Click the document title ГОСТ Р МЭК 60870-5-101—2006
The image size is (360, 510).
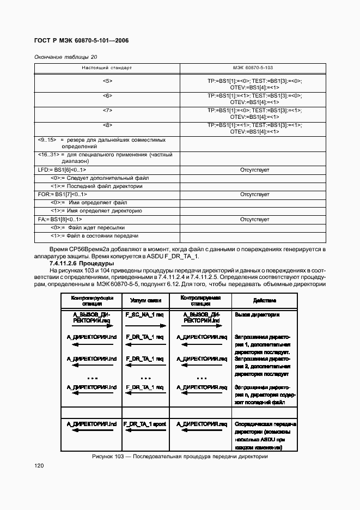click(x=81, y=41)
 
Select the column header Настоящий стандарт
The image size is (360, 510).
click(x=107, y=68)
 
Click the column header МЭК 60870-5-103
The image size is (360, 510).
click(x=253, y=68)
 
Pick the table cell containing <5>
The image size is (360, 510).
click(x=107, y=81)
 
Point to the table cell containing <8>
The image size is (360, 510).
click(x=107, y=125)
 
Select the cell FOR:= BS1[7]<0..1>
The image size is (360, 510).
click(x=62, y=195)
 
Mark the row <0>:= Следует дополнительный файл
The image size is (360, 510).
click(x=96, y=178)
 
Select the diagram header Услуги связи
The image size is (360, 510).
click(x=144, y=300)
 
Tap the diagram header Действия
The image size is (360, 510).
click(x=265, y=300)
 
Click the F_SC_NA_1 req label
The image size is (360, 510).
click(x=144, y=315)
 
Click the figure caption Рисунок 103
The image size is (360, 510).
click(x=179, y=457)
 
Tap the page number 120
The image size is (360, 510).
click(x=39, y=466)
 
